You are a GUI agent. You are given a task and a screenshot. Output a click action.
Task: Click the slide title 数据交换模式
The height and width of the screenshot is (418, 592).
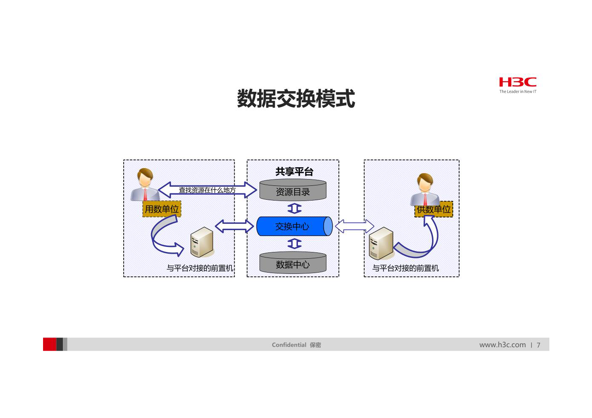tap(296, 99)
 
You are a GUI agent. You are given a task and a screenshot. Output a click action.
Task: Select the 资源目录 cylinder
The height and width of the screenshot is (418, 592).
tap(293, 190)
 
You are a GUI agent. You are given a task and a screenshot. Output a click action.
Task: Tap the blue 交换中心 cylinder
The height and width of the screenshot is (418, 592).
tap(295, 226)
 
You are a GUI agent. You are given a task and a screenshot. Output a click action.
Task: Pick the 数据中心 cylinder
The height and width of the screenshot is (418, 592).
tap(293, 263)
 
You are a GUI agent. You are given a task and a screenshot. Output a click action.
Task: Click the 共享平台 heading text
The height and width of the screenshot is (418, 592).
tap(294, 171)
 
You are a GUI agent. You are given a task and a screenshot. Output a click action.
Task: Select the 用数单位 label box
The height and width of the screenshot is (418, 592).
tap(162, 209)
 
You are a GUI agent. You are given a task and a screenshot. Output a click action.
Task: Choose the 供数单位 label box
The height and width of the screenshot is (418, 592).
tap(434, 209)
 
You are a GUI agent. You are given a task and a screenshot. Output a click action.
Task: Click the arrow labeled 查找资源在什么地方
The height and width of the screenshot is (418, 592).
tap(207, 190)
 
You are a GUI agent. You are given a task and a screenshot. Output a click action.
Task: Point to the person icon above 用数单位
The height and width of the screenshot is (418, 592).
tap(145, 185)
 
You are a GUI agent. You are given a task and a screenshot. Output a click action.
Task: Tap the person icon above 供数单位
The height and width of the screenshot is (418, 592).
tap(425, 190)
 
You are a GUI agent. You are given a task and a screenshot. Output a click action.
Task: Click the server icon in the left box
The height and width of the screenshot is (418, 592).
tap(202, 242)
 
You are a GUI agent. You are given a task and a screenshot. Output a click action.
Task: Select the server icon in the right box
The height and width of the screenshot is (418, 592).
tap(381, 243)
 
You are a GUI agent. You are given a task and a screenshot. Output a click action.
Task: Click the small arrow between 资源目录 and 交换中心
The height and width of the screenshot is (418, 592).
tap(295, 209)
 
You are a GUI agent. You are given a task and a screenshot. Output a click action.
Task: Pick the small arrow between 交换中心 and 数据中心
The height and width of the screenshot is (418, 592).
tap(295, 244)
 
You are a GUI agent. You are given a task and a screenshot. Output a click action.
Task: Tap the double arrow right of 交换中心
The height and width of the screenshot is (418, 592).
tap(354, 226)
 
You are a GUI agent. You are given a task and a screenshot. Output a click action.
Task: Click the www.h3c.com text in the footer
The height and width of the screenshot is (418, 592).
tap(503, 345)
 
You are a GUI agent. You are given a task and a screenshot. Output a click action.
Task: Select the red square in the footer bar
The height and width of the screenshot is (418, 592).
tap(50, 344)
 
